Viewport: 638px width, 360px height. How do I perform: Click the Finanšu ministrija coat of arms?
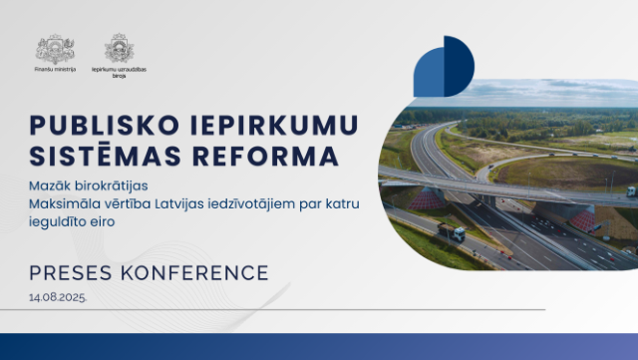(54, 48)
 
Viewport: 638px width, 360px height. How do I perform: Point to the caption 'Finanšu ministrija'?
(54, 70)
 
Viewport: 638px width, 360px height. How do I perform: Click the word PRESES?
(71, 272)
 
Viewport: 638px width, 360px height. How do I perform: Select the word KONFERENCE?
(194, 272)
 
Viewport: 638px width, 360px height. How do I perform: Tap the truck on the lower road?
(451, 232)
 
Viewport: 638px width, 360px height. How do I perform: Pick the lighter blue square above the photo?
(429, 73)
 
